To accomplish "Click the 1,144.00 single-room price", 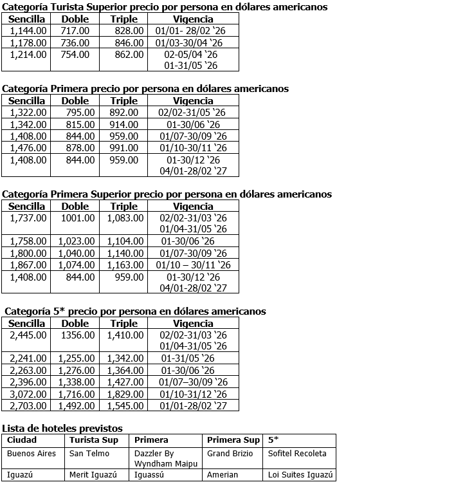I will point(28,31).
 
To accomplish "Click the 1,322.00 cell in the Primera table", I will point(28,113).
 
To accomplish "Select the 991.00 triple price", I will point(124,148).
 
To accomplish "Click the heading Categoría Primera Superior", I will point(167,194).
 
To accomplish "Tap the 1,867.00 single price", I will point(28,264).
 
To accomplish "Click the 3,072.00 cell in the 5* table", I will point(28,394).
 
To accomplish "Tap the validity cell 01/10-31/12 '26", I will point(193,394).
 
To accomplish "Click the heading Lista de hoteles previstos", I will point(62,428).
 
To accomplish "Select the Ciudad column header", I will point(22,440).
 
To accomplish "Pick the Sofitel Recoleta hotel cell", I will point(297,453).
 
